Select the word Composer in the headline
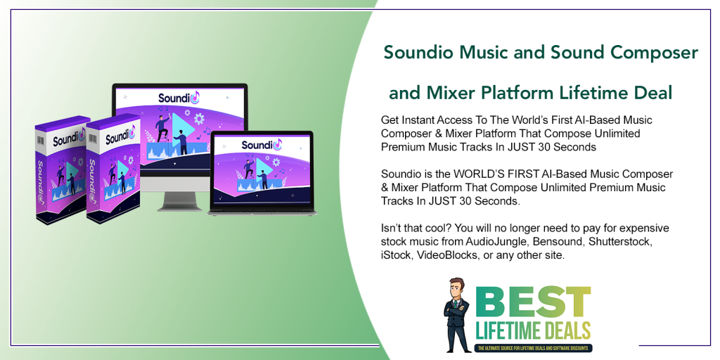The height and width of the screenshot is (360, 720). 656,53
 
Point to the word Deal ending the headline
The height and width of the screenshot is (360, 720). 651,93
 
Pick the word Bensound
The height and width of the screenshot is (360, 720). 561,241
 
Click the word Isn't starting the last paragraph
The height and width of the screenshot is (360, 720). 393,228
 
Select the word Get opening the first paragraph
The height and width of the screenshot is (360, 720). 390,120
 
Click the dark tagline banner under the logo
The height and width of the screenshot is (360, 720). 534,347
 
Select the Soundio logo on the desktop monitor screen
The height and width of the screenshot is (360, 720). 179,98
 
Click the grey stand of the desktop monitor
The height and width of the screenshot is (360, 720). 179,199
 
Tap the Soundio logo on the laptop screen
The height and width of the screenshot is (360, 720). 261,145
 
